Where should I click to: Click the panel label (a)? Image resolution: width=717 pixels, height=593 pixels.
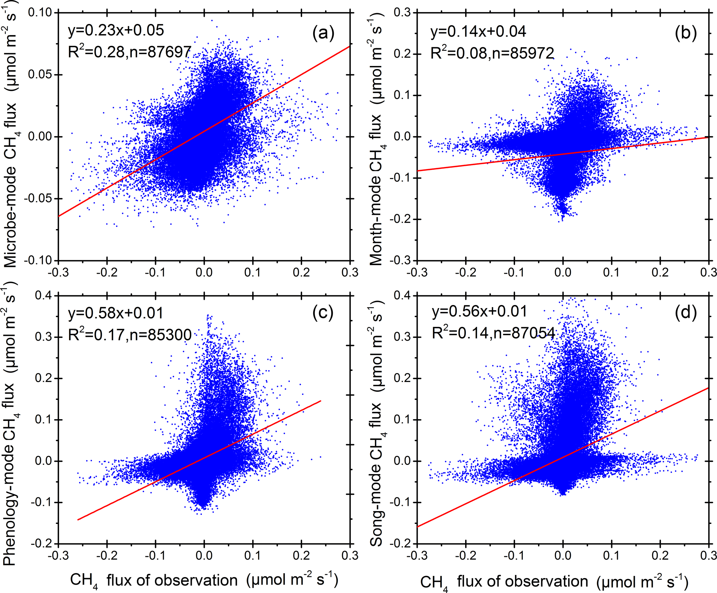323,34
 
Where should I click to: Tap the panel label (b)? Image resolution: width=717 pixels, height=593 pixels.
685,34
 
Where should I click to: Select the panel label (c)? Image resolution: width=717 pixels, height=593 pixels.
323,313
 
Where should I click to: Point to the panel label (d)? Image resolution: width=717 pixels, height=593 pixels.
685,313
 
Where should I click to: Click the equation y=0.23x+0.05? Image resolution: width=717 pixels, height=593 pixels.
116,31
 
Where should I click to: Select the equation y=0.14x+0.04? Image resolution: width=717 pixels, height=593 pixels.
478,32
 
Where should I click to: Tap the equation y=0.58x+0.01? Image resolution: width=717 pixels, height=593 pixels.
116,313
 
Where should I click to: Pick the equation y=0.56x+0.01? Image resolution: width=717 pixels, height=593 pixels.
479,311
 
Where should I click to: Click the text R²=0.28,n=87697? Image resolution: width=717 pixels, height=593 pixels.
129,52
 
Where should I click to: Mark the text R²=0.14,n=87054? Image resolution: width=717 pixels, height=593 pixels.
493,333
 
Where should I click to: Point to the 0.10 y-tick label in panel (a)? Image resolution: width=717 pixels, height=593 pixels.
39,12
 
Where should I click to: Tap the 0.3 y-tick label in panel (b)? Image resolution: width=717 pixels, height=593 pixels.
402,12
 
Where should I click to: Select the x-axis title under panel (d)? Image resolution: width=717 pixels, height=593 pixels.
554,582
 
